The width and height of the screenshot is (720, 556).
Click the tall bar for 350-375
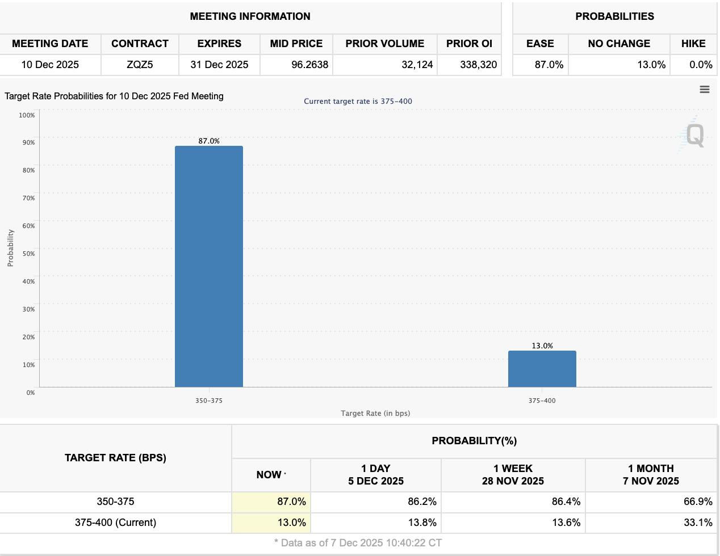click(209, 267)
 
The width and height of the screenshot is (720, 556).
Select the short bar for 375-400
click(542, 369)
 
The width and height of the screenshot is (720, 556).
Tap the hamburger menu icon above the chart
click(705, 89)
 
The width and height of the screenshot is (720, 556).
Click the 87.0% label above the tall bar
click(209, 141)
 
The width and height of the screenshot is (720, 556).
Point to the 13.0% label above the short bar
click(542, 346)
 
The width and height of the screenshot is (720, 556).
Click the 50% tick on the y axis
click(28, 254)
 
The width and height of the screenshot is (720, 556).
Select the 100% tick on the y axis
click(27, 115)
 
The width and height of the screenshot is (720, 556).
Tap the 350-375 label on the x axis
click(209, 401)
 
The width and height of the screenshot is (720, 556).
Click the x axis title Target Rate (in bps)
click(375, 413)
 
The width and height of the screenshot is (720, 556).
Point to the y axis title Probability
click(10, 248)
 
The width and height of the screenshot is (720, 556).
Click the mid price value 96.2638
click(310, 65)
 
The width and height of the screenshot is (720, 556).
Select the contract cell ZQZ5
click(140, 65)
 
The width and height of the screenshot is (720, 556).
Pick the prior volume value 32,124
click(417, 65)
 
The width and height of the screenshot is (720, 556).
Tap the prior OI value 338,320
click(479, 65)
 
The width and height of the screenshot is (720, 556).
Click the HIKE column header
click(693, 44)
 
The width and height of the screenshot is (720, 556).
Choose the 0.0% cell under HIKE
click(701, 65)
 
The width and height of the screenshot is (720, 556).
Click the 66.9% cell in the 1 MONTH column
click(698, 502)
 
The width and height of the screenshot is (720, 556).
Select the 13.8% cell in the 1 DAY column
click(422, 523)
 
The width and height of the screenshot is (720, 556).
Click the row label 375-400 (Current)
click(115, 523)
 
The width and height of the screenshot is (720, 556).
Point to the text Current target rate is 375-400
click(358, 102)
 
